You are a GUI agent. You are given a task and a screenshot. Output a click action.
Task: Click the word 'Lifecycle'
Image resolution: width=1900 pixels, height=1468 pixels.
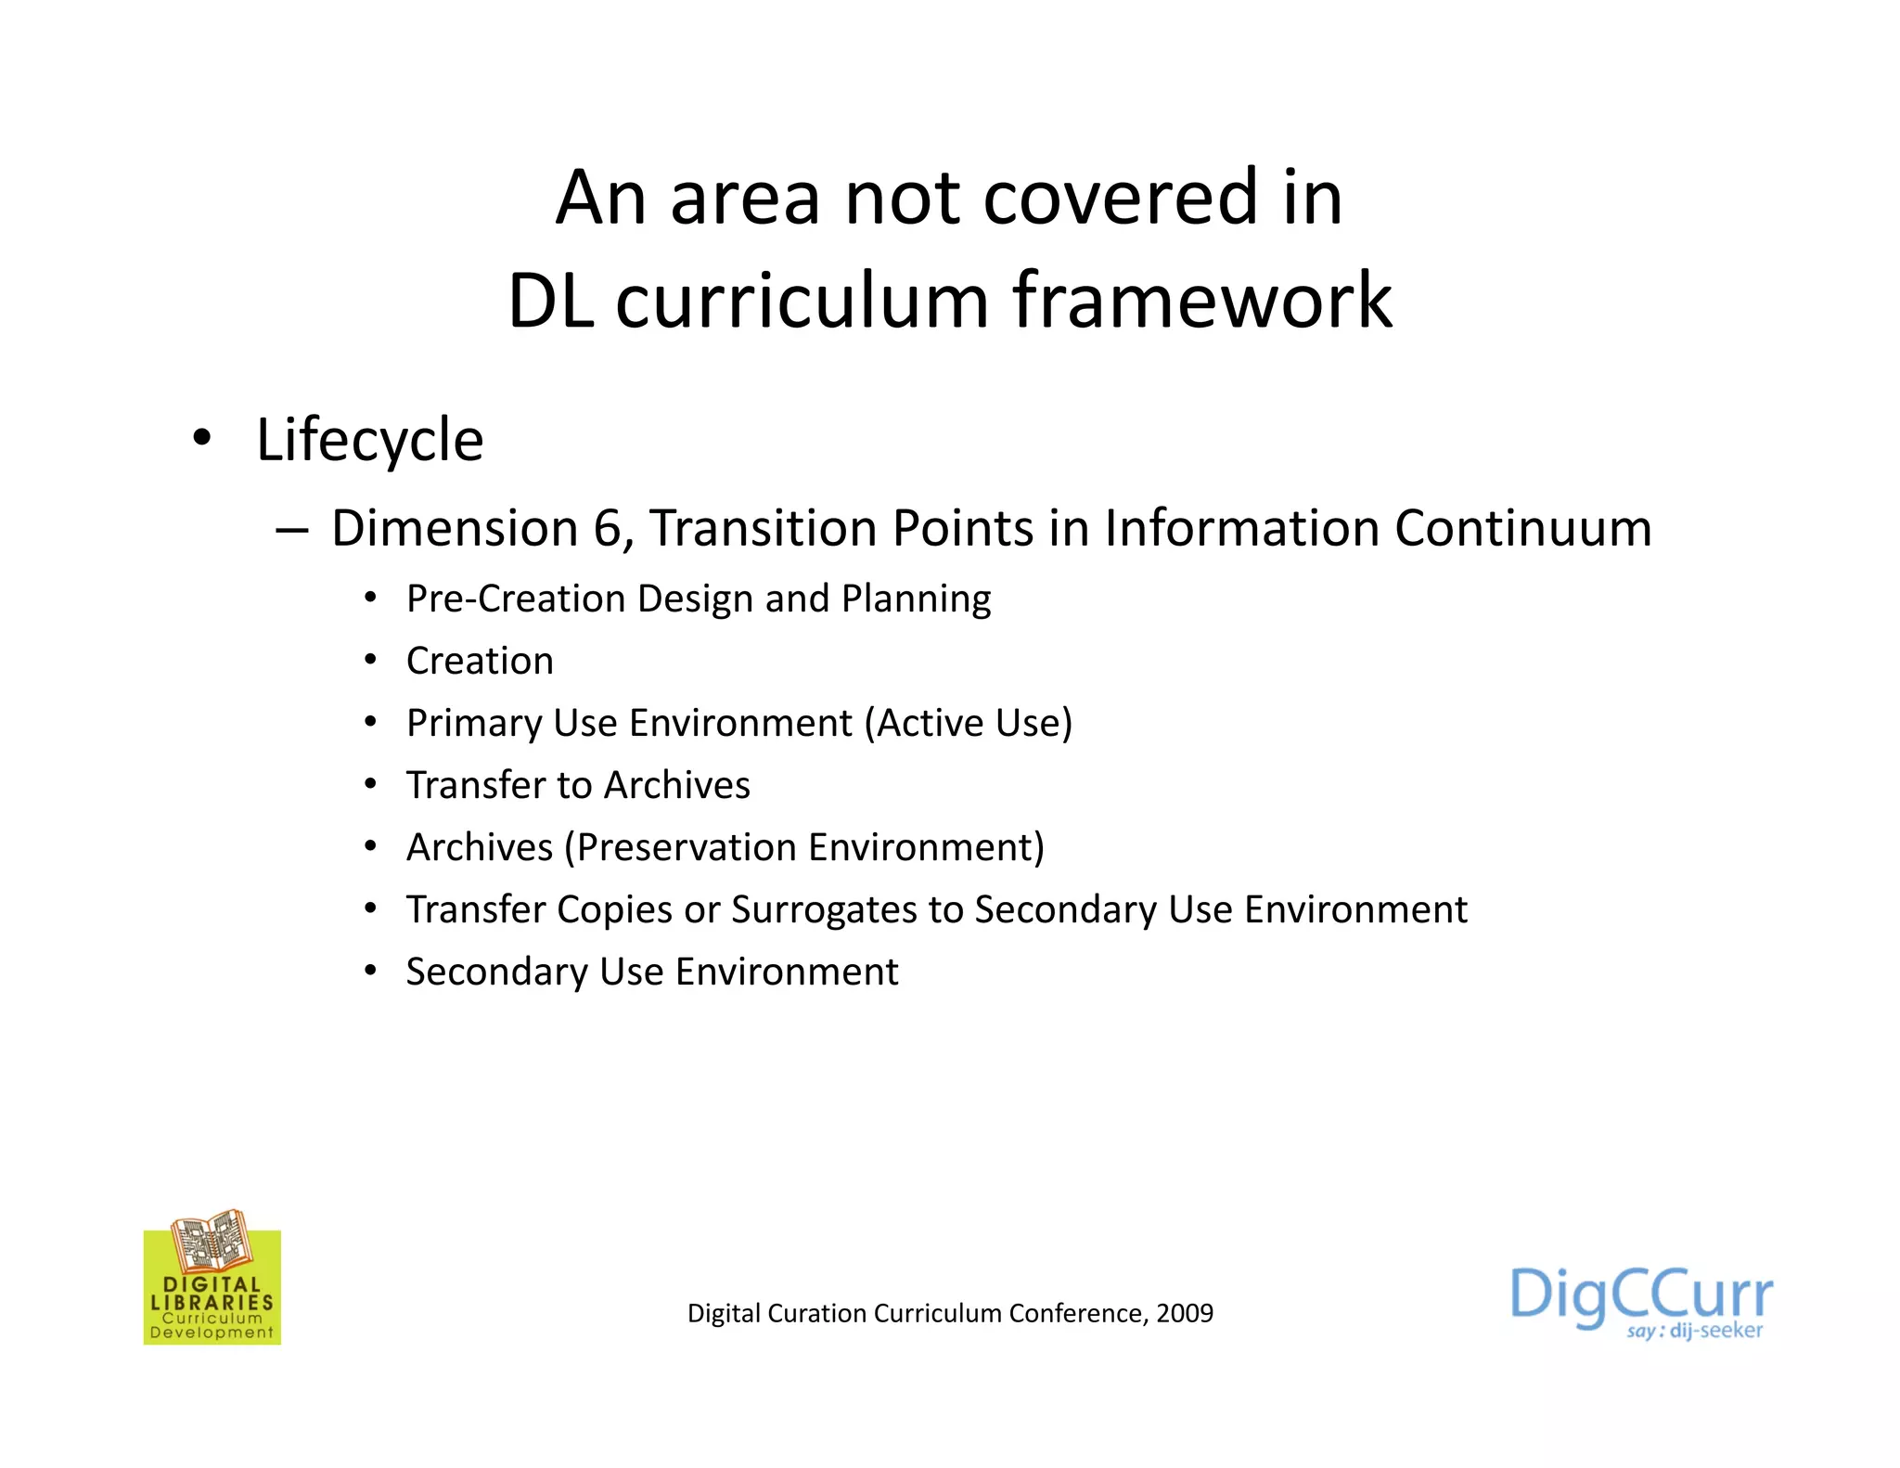point(369,440)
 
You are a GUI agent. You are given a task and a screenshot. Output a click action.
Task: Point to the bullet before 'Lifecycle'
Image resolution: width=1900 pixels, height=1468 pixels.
point(201,436)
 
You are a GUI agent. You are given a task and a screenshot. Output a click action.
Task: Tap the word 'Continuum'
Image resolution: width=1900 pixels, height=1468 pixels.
point(1522,528)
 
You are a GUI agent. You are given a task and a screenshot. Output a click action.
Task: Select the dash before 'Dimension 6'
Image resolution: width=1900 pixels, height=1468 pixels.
point(291,530)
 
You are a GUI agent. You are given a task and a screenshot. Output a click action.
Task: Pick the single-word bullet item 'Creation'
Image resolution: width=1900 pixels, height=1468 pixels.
point(480,661)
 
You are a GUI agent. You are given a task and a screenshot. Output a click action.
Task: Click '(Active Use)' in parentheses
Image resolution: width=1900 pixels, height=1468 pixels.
point(969,723)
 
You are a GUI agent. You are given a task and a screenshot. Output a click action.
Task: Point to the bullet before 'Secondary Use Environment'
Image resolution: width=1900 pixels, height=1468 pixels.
point(370,971)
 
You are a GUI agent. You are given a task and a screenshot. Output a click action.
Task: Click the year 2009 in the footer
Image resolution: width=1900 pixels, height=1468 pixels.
point(1185,1313)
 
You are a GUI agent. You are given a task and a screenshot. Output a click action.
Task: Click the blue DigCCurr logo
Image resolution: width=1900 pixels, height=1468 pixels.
point(1640,1294)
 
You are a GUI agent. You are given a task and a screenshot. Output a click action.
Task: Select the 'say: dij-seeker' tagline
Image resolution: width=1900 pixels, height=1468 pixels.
point(1694,1332)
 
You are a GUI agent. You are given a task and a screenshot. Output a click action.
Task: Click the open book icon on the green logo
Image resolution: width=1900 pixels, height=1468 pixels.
point(212,1241)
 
